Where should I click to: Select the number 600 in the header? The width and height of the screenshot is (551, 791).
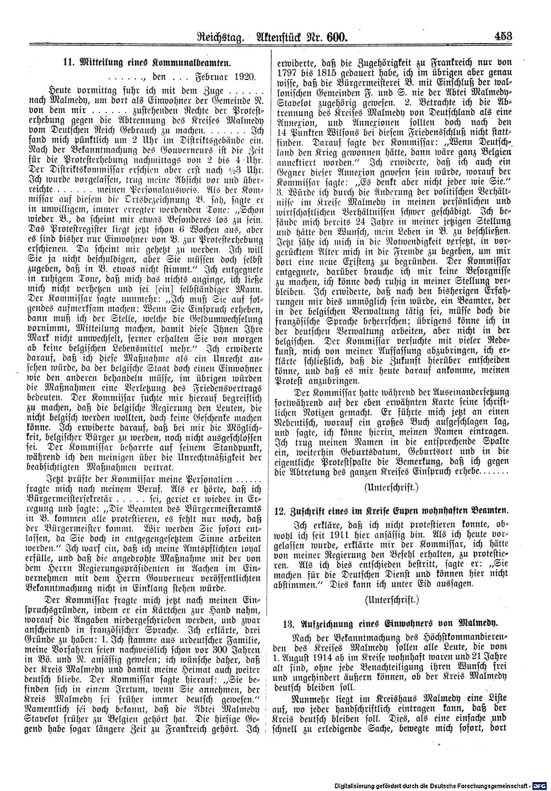334,38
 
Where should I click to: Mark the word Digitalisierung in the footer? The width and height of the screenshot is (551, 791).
358,786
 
